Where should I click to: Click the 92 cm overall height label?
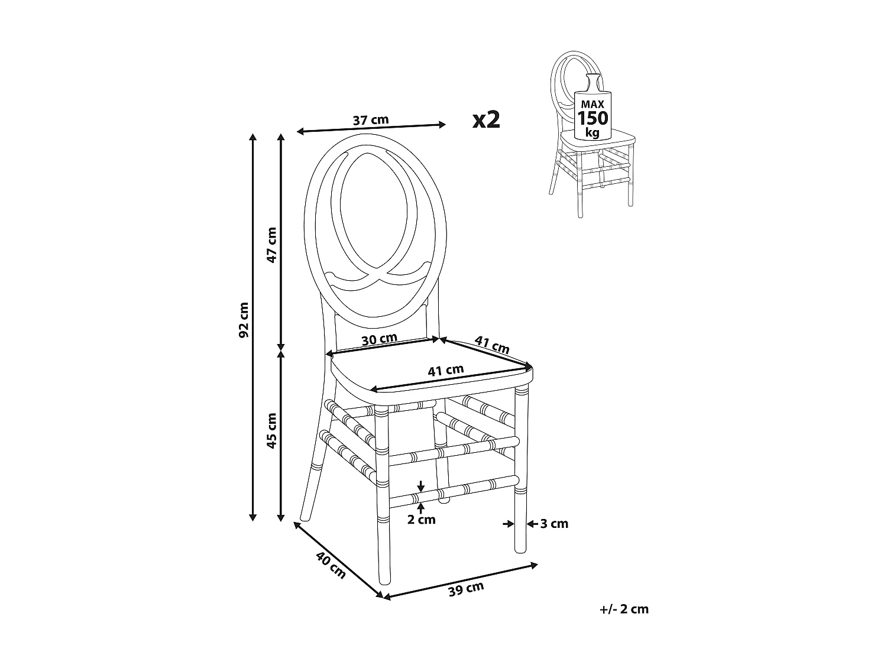(x=243, y=320)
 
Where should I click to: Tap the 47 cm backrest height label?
(x=271, y=245)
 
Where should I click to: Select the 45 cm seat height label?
(x=271, y=430)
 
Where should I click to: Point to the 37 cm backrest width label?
(x=371, y=120)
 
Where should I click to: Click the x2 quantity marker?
(x=486, y=120)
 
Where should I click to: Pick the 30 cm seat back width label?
(x=379, y=340)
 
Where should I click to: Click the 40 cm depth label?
(x=330, y=565)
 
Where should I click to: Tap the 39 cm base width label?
(x=466, y=589)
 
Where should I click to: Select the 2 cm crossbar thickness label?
(x=422, y=520)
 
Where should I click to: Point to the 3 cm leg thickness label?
(x=555, y=524)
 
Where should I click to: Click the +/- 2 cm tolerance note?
(x=623, y=609)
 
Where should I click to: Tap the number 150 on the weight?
(x=593, y=118)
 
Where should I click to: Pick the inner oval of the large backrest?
(x=373, y=207)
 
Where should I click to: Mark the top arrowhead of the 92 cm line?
(x=253, y=138)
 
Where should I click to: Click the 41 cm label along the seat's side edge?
(x=493, y=345)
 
